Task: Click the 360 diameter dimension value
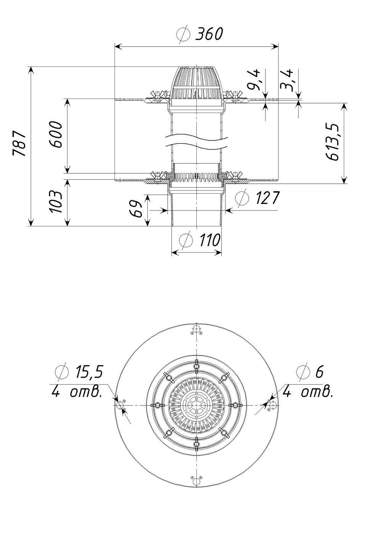click(x=209, y=34)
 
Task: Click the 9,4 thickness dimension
click(x=255, y=80)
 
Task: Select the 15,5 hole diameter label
click(x=89, y=372)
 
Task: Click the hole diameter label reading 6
click(x=319, y=371)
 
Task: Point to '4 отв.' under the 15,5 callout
click(x=76, y=392)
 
